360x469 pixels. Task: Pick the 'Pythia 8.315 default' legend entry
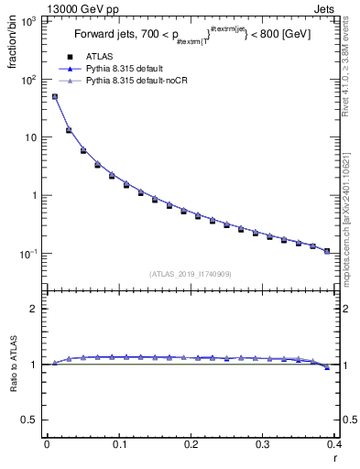[129, 69]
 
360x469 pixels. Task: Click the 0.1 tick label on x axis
[118, 445]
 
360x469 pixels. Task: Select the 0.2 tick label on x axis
[191, 445]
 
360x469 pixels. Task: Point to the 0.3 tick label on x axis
[263, 445]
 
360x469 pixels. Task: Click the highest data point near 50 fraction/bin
[54, 96]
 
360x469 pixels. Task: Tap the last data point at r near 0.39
[327, 250]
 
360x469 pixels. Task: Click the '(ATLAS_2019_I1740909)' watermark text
[191, 274]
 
